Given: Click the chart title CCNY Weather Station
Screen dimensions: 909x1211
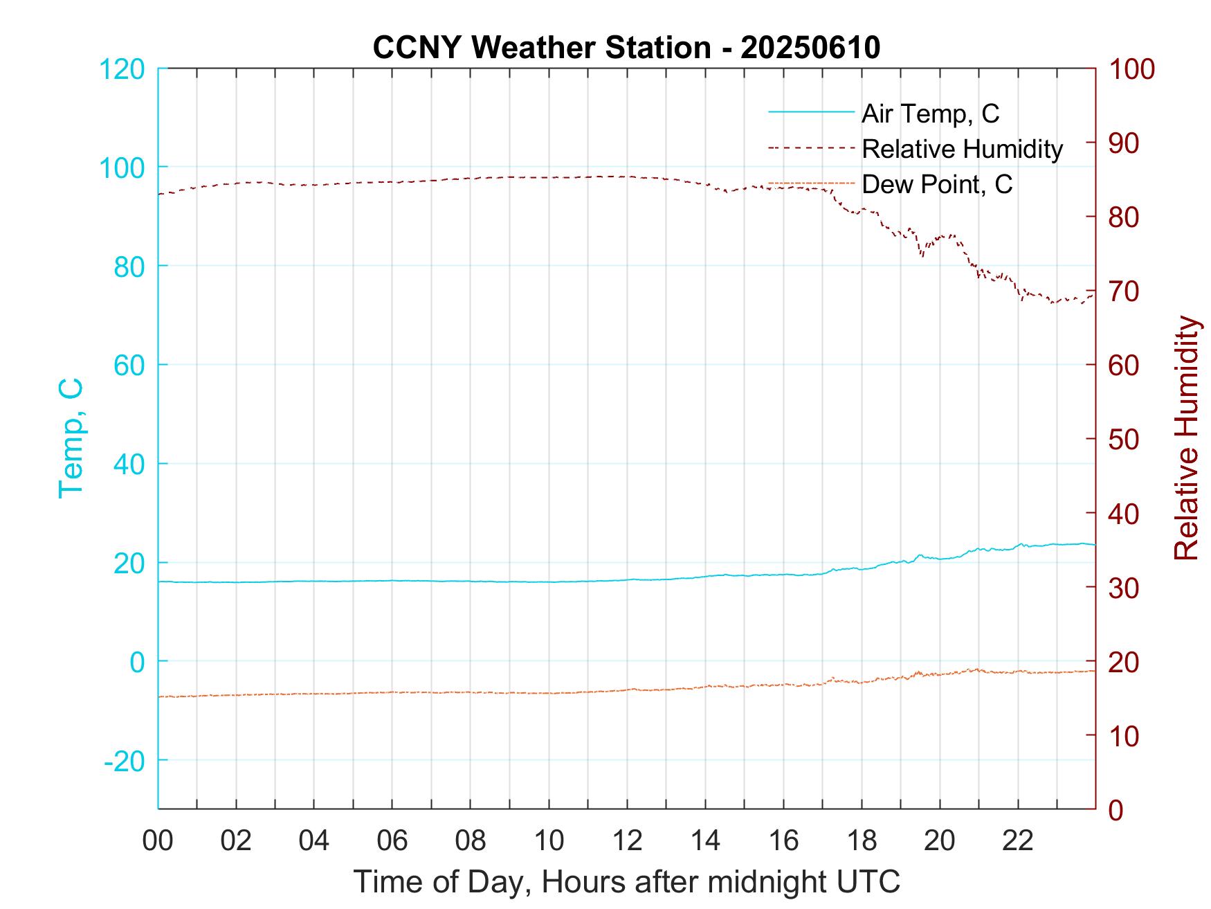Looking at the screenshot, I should click(626, 48).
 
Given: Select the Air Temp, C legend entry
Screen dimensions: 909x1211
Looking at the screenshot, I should click(929, 114).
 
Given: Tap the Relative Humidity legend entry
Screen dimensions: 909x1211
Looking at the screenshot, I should click(961, 149).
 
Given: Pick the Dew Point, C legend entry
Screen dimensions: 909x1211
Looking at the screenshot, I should click(936, 184).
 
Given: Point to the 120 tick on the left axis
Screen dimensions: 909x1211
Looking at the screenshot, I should click(122, 69).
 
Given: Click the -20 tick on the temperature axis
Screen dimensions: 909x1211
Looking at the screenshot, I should click(124, 761).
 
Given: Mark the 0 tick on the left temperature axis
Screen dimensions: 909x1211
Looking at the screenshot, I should click(138, 662).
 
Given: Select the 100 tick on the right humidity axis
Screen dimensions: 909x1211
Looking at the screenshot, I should click(1132, 69).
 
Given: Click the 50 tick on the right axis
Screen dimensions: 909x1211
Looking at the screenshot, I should click(1124, 440).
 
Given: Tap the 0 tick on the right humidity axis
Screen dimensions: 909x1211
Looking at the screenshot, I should click(1116, 809).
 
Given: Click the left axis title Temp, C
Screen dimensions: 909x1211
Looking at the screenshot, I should click(71, 438).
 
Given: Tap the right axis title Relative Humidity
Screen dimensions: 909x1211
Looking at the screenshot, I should click(1186, 438).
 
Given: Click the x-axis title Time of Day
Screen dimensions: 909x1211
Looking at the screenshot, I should click(626, 882).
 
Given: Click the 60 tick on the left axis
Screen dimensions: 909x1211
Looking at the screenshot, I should click(129, 366).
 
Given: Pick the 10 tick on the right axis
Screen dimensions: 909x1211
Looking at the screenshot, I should click(1124, 736).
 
